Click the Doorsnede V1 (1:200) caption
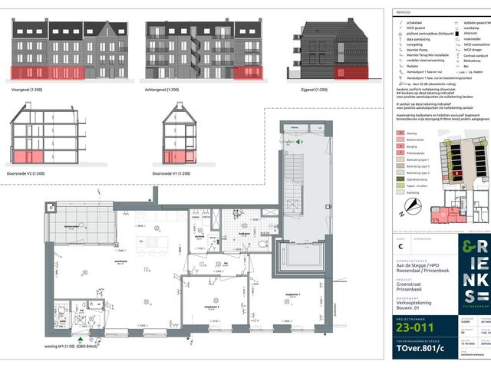176,173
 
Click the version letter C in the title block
398,245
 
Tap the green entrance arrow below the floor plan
79,337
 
